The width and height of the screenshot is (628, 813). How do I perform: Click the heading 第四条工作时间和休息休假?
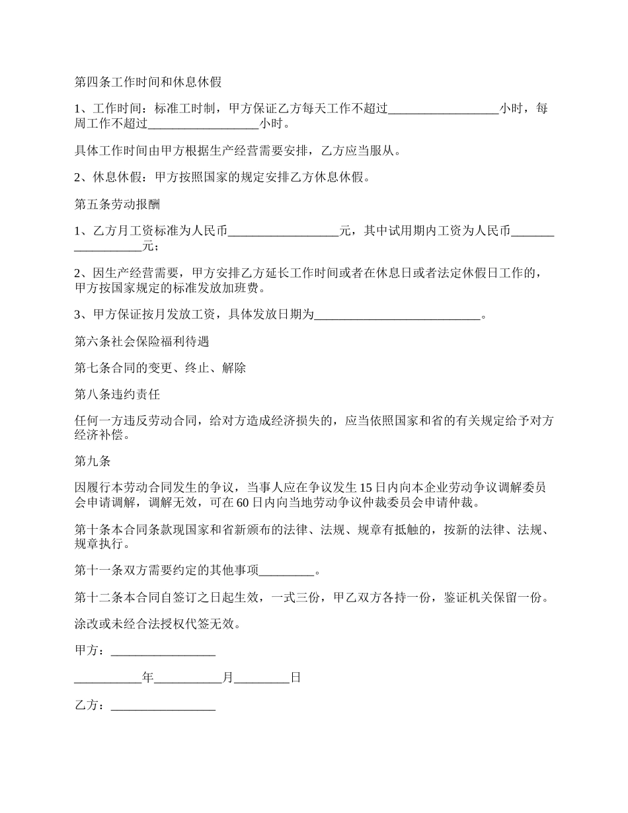click(148, 83)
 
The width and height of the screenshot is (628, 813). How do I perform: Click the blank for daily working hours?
click(443, 109)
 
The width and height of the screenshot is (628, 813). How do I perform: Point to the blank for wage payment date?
click(397, 315)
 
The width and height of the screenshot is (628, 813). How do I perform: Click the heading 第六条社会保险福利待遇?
click(142, 342)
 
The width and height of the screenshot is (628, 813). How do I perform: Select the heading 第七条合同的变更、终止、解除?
click(161, 368)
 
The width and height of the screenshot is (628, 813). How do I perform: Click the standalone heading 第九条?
click(93, 461)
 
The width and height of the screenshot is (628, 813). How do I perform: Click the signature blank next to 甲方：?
click(163, 651)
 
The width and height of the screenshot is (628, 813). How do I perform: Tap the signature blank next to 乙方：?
click(163, 705)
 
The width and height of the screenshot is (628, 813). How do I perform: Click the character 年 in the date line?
click(147, 678)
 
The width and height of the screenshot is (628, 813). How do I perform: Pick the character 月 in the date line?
click(228, 678)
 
